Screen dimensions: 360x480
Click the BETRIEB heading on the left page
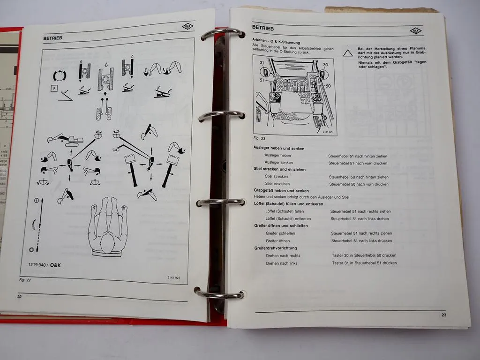tap(53, 37)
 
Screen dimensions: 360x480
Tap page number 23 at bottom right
tap(443, 315)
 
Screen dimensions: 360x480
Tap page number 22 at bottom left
tap(19, 296)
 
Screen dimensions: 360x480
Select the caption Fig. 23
tap(259, 139)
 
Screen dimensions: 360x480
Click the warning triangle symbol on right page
tap(347, 53)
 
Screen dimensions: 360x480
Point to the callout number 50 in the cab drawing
tap(328, 86)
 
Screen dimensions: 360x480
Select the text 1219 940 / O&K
tap(44, 265)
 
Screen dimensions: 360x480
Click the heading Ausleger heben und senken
tap(278, 148)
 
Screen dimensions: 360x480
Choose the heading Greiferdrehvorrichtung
tap(275, 248)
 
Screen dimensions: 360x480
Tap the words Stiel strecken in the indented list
tap(277, 177)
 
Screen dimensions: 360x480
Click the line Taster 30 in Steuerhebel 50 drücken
tap(364, 255)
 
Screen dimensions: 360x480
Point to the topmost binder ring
tap(223, 34)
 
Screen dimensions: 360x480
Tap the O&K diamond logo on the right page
tap(415, 31)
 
